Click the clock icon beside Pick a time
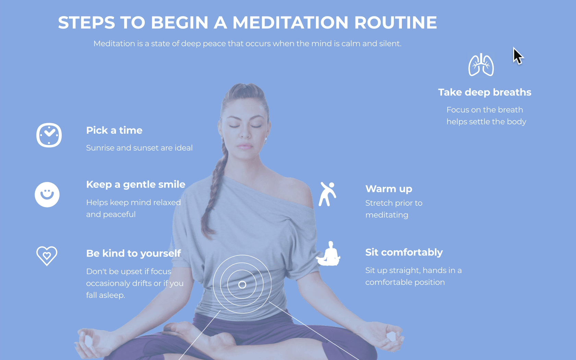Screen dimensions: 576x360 49,135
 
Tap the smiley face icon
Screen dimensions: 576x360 47,195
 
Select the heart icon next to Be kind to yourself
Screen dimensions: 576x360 47,256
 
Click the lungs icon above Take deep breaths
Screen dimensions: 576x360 481,65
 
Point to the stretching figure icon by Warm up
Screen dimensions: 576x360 327,194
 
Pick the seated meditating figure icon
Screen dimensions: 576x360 328,254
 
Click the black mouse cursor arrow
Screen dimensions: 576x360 518,56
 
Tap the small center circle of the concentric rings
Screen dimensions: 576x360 242,285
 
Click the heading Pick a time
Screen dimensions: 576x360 114,130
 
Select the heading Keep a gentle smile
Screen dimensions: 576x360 136,184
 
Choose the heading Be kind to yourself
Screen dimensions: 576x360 133,253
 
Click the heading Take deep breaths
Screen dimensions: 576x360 485,92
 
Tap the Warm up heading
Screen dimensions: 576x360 389,189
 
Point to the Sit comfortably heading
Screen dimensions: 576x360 404,252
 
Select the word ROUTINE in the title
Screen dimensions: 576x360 396,22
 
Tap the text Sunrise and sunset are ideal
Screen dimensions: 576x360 139,148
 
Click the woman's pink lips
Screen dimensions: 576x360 244,146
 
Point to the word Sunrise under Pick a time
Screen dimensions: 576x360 100,148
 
